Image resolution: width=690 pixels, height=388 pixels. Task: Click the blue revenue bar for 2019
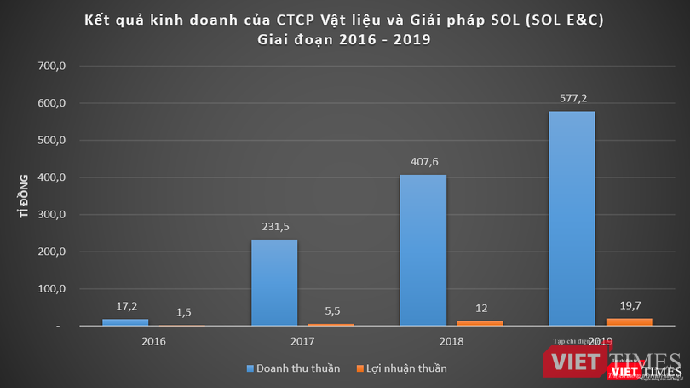tap(572, 218)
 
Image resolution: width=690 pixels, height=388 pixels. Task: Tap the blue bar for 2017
tap(274, 282)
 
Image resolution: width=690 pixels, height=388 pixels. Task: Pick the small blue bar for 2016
tap(125, 322)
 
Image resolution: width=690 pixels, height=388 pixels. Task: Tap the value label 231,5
tap(274, 227)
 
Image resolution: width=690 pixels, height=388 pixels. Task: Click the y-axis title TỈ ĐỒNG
tap(26, 196)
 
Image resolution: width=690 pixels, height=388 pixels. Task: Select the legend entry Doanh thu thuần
tap(294, 368)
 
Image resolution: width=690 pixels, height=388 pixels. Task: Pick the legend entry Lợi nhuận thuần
tap(400, 368)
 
